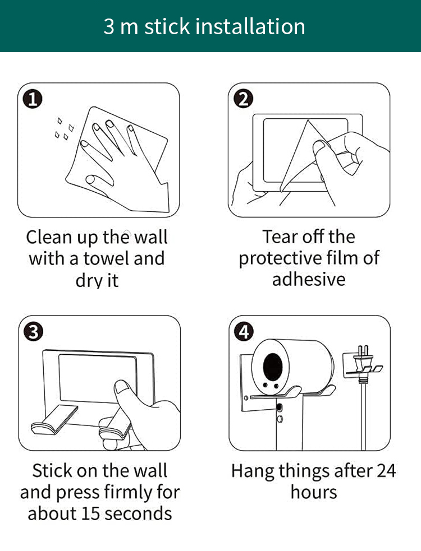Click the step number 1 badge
(33, 99)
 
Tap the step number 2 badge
(243, 99)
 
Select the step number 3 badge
(34, 332)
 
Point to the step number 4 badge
(244, 332)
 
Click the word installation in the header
(250, 26)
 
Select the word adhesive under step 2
(309, 279)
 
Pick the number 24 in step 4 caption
(386, 471)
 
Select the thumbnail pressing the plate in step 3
(122, 387)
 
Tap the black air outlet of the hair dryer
(273, 367)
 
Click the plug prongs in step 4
(363, 351)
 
